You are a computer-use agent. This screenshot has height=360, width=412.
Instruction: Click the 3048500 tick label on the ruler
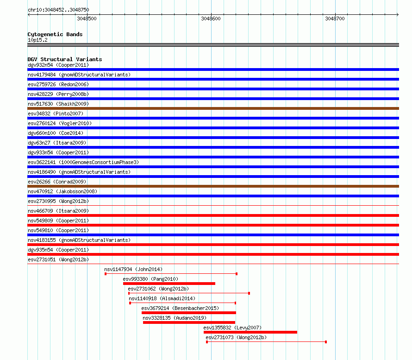pyautogui.click(x=87, y=19)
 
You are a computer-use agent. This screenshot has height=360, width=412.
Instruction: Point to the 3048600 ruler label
pyautogui.click(x=211, y=19)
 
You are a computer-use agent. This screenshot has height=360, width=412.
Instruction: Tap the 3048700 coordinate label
pyautogui.click(x=335, y=19)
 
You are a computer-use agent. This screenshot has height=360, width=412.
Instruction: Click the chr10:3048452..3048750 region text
pyautogui.click(x=58, y=10)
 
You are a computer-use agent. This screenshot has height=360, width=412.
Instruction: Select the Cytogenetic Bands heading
pyautogui.click(x=55, y=34)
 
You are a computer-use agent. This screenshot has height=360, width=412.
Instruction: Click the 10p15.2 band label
pyautogui.click(x=37, y=40)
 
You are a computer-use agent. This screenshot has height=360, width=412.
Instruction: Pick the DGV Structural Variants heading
pyautogui.click(x=65, y=59)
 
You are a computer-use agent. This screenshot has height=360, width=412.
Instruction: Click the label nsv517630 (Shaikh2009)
pyautogui.click(x=58, y=104)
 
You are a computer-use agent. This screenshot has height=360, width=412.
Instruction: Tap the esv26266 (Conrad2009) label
pyautogui.click(x=57, y=182)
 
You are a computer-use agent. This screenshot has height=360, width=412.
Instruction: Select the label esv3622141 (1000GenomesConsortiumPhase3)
pyautogui.click(x=83, y=162)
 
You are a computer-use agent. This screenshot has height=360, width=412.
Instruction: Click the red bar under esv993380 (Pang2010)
pyautogui.click(x=169, y=284)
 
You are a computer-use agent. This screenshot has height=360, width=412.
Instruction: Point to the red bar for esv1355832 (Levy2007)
pyautogui.click(x=250, y=332)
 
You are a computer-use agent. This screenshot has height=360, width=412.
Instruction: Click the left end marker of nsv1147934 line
pyautogui.click(x=106, y=274)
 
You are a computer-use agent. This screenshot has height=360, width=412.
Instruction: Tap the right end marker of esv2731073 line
pyautogui.click(x=326, y=342)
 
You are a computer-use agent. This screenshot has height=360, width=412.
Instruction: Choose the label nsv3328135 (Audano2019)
pyautogui.click(x=175, y=318)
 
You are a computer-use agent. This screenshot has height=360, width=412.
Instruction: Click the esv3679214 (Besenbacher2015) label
pyautogui.click(x=180, y=308)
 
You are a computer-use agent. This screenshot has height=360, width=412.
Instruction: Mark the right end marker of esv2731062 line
pyautogui.click(x=249, y=293)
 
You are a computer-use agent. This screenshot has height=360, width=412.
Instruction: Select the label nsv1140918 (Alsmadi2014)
pyautogui.click(x=162, y=298)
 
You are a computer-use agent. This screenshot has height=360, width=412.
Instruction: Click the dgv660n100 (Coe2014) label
pyautogui.click(x=56, y=133)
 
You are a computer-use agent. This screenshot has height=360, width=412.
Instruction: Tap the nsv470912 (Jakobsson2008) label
pyautogui.click(x=62, y=191)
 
